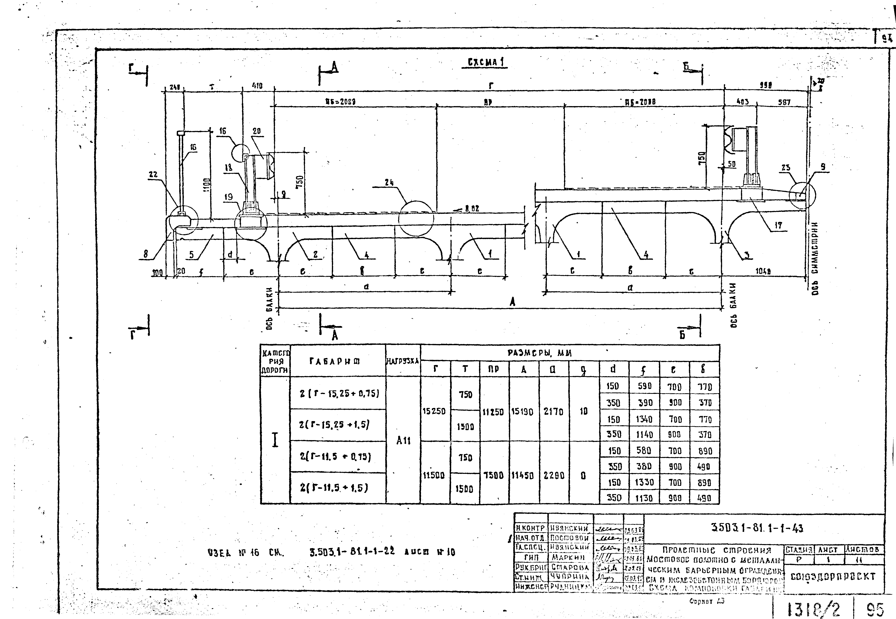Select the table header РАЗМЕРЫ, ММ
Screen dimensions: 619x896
[x=539, y=353]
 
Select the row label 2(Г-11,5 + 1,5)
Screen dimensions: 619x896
[x=334, y=488]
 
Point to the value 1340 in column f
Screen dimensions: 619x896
[x=644, y=419]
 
